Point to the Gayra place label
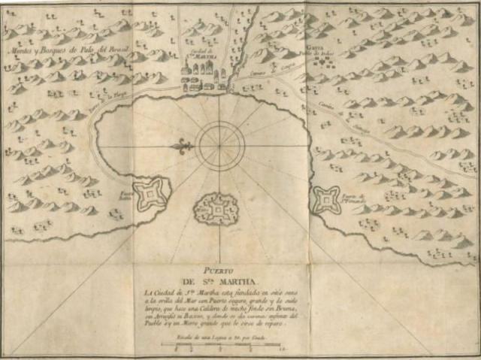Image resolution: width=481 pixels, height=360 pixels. click(313, 48)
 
